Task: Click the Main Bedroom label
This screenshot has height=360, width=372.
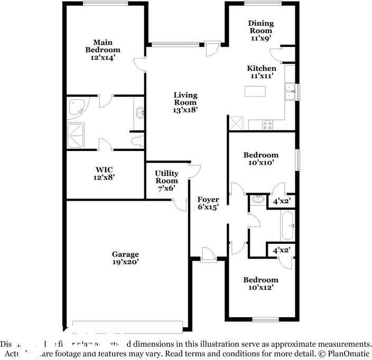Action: point(103,50)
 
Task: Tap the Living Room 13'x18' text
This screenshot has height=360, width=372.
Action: point(185,102)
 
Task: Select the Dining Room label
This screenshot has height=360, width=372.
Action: point(261,31)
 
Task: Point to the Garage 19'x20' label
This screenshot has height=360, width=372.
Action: point(125,258)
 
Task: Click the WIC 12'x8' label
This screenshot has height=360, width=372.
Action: point(104,174)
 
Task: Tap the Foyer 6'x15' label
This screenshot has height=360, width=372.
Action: point(208,203)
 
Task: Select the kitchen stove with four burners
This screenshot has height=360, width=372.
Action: point(267,125)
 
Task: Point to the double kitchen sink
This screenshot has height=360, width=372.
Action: point(290,92)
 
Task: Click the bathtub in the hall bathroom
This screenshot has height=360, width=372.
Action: point(288,225)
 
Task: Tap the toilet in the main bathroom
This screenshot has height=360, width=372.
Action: point(137,141)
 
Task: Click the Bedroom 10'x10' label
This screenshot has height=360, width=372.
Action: point(261,159)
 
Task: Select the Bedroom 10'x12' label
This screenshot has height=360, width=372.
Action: point(261,283)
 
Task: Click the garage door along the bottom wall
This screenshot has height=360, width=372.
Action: point(128,323)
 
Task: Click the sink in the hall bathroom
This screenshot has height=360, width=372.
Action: point(258,200)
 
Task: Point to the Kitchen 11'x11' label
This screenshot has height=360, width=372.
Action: point(262,72)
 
